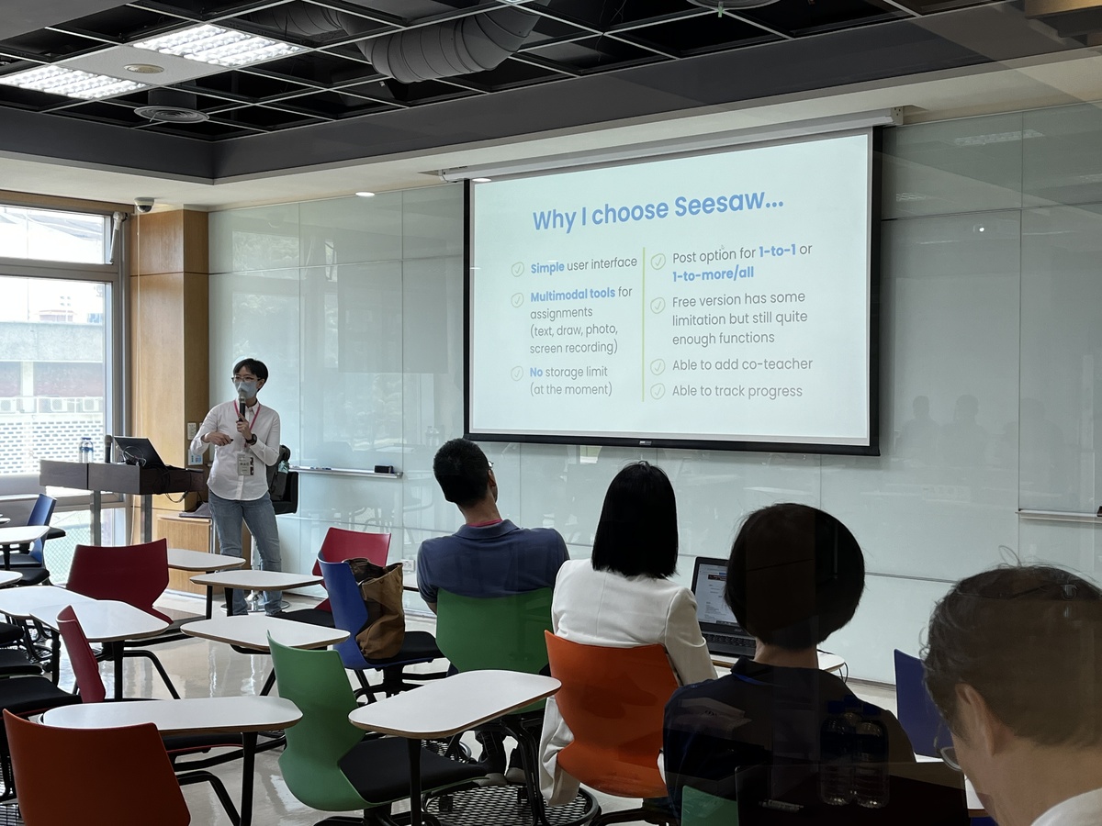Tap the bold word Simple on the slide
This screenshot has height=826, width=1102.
(547, 268)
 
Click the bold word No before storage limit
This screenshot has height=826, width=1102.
(536, 373)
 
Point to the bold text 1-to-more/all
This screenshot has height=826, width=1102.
(713, 274)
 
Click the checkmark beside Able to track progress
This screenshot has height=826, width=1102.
(658, 391)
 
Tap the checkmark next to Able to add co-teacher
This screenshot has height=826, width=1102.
(658, 366)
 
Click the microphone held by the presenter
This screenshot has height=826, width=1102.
(242, 404)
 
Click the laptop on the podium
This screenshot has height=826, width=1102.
(139, 452)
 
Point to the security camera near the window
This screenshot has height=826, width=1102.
(144, 204)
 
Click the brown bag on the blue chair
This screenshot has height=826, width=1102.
(379, 606)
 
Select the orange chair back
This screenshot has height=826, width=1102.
(610, 702)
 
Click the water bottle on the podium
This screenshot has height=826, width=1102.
(86, 450)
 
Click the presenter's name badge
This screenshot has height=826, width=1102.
(244, 463)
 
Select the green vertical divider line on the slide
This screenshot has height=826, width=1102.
(643, 324)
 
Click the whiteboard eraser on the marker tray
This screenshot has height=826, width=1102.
(384, 469)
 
